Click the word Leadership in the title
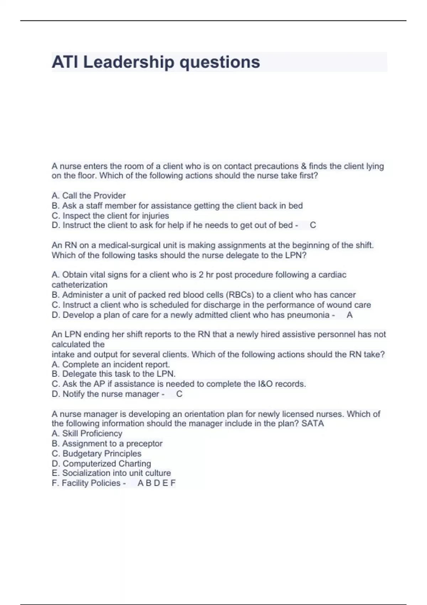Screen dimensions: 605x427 click(128, 62)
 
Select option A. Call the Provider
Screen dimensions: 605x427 click(89, 195)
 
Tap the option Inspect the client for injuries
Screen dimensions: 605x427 click(110, 216)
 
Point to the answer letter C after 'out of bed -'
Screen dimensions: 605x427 click(313, 225)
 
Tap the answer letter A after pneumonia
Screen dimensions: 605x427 click(349, 315)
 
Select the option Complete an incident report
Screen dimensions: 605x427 click(111, 364)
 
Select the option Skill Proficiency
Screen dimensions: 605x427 click(87, 433)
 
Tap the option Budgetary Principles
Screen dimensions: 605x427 click(96, 453)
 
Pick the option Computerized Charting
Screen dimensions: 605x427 click(101, 463)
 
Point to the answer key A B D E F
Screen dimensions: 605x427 click(157, 483)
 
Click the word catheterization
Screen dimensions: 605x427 click(79, 285)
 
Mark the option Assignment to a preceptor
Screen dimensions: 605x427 click(107, 443)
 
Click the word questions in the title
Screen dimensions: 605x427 click(220, 62)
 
